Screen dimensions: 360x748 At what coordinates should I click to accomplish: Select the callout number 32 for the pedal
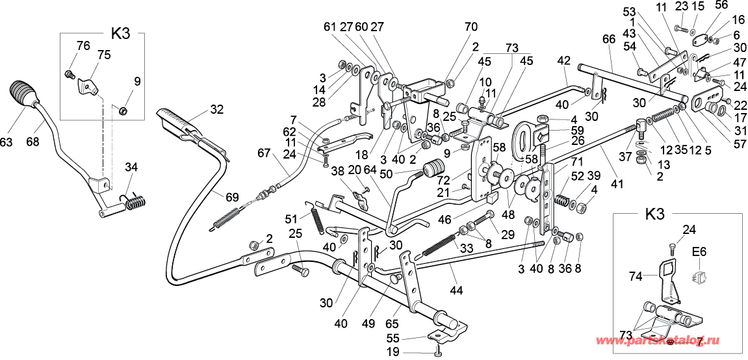pyautogui.click(x=216, y=109)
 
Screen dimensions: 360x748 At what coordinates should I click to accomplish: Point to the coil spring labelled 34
pyautogui.click(x=135, y=203)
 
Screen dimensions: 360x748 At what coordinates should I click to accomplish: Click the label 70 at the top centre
pyautogui.click(x=471, y=27)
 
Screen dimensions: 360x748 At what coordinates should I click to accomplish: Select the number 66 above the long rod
pyautogui.click(x=608, y=39)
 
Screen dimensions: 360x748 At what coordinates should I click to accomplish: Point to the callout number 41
pyautogui.click(x=617, y=184)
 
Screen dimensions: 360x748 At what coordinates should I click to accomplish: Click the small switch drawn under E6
pyautogui.click(x=700, y=276)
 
